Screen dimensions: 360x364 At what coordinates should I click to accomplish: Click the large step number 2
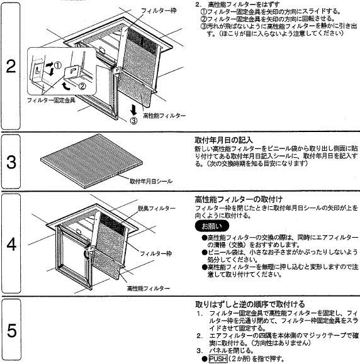click(11, 67)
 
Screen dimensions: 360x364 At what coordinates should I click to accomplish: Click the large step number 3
click(11, 162)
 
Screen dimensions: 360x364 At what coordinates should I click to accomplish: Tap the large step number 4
click(11, 244)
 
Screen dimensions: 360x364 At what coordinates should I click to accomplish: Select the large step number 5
click(11, 331)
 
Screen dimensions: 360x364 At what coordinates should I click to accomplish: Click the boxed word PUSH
click(218, 359)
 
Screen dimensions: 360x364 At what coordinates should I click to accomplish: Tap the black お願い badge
click(211, 226)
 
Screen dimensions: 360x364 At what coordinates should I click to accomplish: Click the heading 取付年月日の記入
click(223, 140)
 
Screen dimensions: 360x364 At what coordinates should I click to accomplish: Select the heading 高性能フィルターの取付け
click(239, 199)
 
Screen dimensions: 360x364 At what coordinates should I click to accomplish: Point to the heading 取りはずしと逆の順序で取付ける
click(250, 304)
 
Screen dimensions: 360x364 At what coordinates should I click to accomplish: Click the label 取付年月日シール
click(151, 181)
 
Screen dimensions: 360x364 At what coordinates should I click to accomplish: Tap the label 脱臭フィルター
click(157, 208)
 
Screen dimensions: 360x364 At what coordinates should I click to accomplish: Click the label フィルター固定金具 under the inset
click(51, 101)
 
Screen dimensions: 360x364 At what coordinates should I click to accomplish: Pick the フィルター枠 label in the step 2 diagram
click(159, 11)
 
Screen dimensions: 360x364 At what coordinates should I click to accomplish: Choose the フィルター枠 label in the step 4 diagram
click(155, 253)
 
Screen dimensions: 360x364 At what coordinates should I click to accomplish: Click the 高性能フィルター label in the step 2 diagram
click(164, 116)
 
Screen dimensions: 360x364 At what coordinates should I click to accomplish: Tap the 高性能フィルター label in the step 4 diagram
click(149, 289)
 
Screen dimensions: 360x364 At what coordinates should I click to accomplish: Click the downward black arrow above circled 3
click(133, 110)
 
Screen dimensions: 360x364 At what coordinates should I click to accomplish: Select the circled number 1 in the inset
click(58, 65)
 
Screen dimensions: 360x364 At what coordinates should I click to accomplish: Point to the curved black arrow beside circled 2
click(65, 85)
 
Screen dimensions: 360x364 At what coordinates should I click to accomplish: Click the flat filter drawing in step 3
click(92, 160)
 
